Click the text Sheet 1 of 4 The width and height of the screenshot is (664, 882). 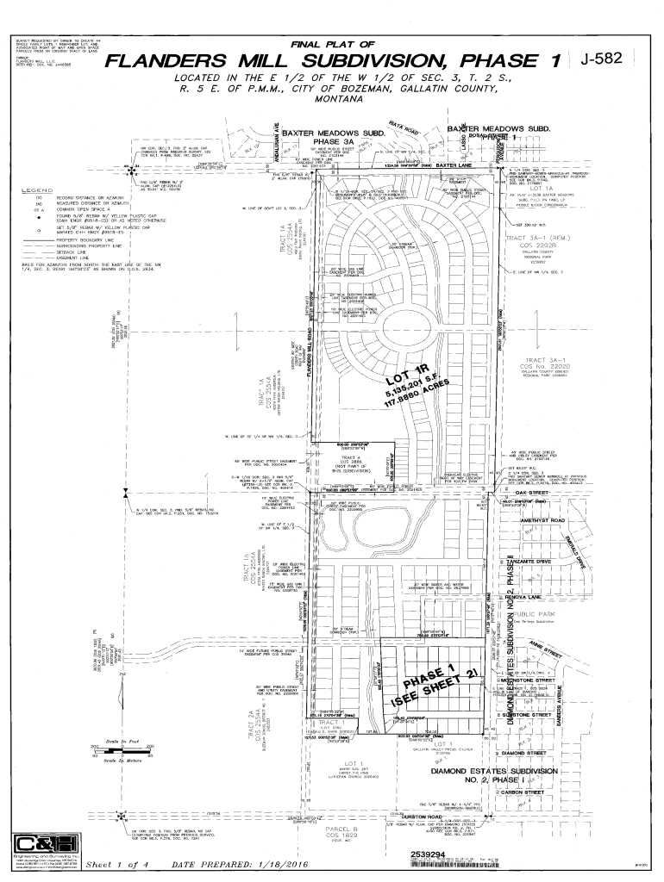point(116,864)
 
